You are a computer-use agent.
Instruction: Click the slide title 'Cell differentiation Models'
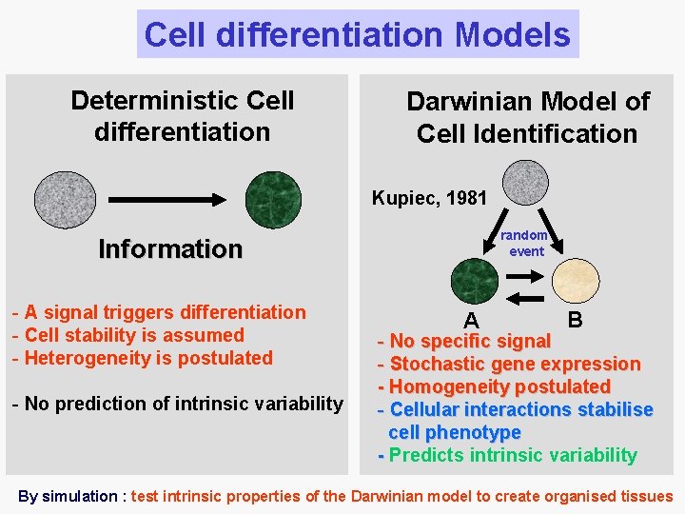pos(357,35)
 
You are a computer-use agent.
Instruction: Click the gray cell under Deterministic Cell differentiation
pos(65,199)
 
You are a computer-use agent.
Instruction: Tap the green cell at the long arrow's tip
pos(272,199)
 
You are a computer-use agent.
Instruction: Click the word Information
pos(170,249)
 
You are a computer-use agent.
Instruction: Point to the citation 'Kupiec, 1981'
pos(429,199)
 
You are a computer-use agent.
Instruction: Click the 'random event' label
pos(525,244)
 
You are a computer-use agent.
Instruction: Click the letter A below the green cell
pos(471,321)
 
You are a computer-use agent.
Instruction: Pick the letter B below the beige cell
pos(575,319)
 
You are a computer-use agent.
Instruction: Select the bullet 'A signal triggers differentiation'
pos(159,312)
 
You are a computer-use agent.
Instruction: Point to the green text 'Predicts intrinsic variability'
pos(513,455)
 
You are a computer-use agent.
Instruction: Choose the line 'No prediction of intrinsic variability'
pos(177,404)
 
